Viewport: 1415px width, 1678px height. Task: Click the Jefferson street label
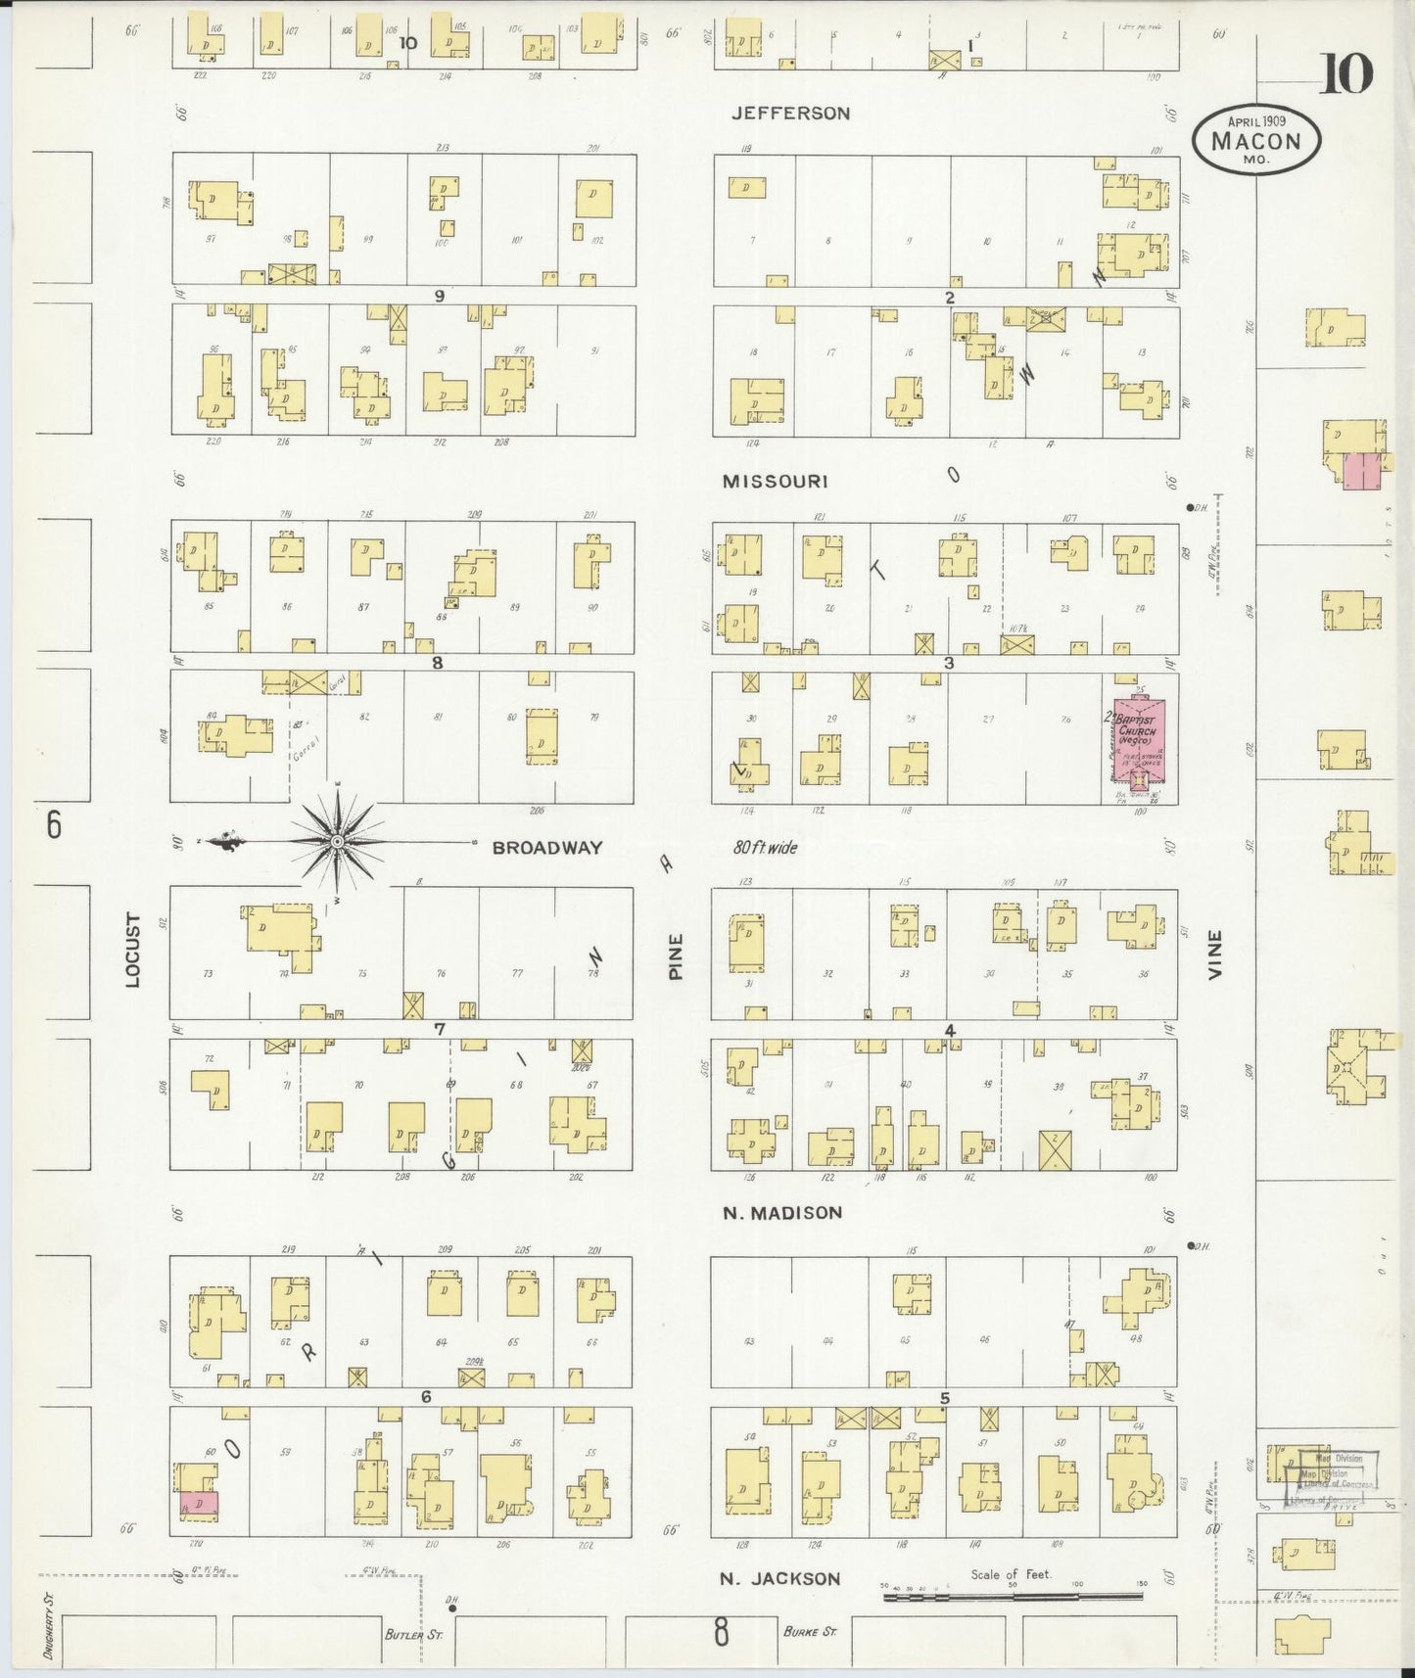point(791,114)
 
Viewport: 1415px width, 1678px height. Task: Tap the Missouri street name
point(776,482)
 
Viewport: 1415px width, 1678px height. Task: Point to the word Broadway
point(546,848)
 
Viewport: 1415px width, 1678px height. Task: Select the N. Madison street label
point(782,1213)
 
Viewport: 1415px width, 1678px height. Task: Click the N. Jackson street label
point(779,1578)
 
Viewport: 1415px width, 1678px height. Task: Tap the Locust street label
point(133,950)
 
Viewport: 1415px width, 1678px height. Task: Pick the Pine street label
point(676,956)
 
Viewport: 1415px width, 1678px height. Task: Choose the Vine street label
point(1215,956)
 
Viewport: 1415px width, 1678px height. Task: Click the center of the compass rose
point(337,842)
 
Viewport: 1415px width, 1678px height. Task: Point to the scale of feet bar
point(1013,1597)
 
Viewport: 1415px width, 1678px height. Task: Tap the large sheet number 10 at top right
point(1345,74)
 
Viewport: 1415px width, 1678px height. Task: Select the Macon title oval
point(1256,140)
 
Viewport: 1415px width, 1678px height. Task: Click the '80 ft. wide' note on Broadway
point(765,848)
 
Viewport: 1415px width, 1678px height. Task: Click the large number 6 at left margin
point(54,825)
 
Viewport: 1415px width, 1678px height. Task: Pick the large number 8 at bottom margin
point(721,1633)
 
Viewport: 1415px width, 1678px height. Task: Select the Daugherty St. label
point(47,1626)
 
